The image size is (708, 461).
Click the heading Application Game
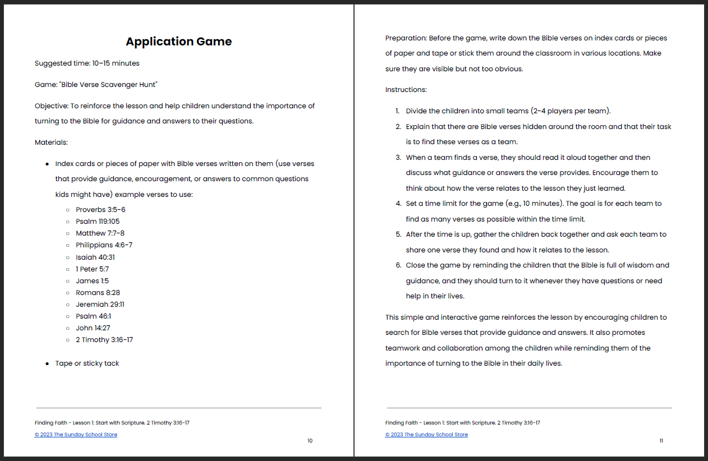[178, 42]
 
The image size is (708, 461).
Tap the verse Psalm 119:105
[98, 222]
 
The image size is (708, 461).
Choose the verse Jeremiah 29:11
[100, 305]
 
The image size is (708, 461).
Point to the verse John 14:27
[93, 328]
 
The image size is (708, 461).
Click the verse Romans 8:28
[98, 293]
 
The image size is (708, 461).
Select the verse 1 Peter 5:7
[92, 269]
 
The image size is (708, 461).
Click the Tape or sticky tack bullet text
[87, 363]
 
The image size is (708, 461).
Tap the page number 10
[310, 441]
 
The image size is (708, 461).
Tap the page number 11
[661, 441]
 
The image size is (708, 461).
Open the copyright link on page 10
[76, 435]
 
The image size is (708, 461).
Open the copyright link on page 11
[426, 435]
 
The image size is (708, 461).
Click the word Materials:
[51, 142]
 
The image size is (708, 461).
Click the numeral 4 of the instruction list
[398, 204]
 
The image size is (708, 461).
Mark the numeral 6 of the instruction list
[398, 265]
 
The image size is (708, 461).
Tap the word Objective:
[52, 106]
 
